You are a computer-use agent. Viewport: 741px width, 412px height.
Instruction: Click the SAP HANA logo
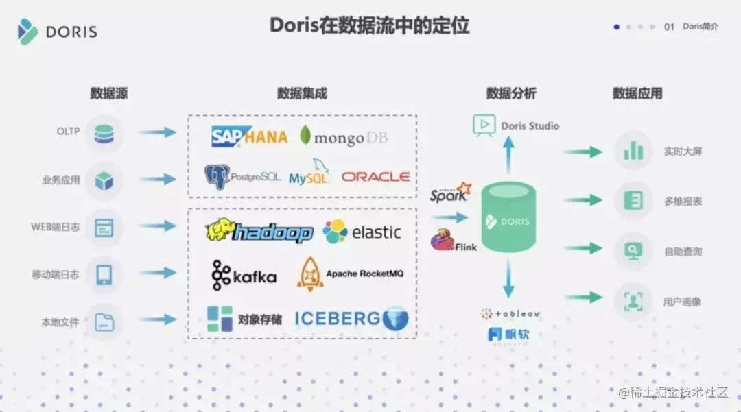click(x=248, y=136)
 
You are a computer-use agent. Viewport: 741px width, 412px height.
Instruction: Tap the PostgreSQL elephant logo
click(x=217, y=177)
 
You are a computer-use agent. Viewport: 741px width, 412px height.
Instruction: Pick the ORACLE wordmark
click(x=375, y=177)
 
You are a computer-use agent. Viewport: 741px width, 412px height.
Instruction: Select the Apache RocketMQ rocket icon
click(x=310, y=273)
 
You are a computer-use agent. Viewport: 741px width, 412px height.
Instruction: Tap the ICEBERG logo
click(x=351, y=318)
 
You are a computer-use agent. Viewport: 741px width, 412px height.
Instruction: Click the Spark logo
click(x=451, y=193)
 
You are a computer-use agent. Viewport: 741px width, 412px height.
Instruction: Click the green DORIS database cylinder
click(x=508, y=217)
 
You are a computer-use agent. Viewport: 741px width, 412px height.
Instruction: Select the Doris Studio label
click(x=530, y=126)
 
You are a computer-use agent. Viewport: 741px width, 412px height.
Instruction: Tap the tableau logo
click(x=510, y=313)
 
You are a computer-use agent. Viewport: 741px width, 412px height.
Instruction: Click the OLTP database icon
click(x=104, y=133)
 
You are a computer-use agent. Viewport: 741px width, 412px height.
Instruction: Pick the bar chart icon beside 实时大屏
click(x=633, y=151)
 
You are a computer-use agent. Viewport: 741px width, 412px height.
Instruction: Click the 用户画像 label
click(x=682, y=302)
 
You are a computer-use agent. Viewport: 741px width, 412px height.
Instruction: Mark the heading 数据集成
click(x=302, y=93)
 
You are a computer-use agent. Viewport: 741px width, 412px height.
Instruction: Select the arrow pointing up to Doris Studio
click(x=508, y=154)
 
